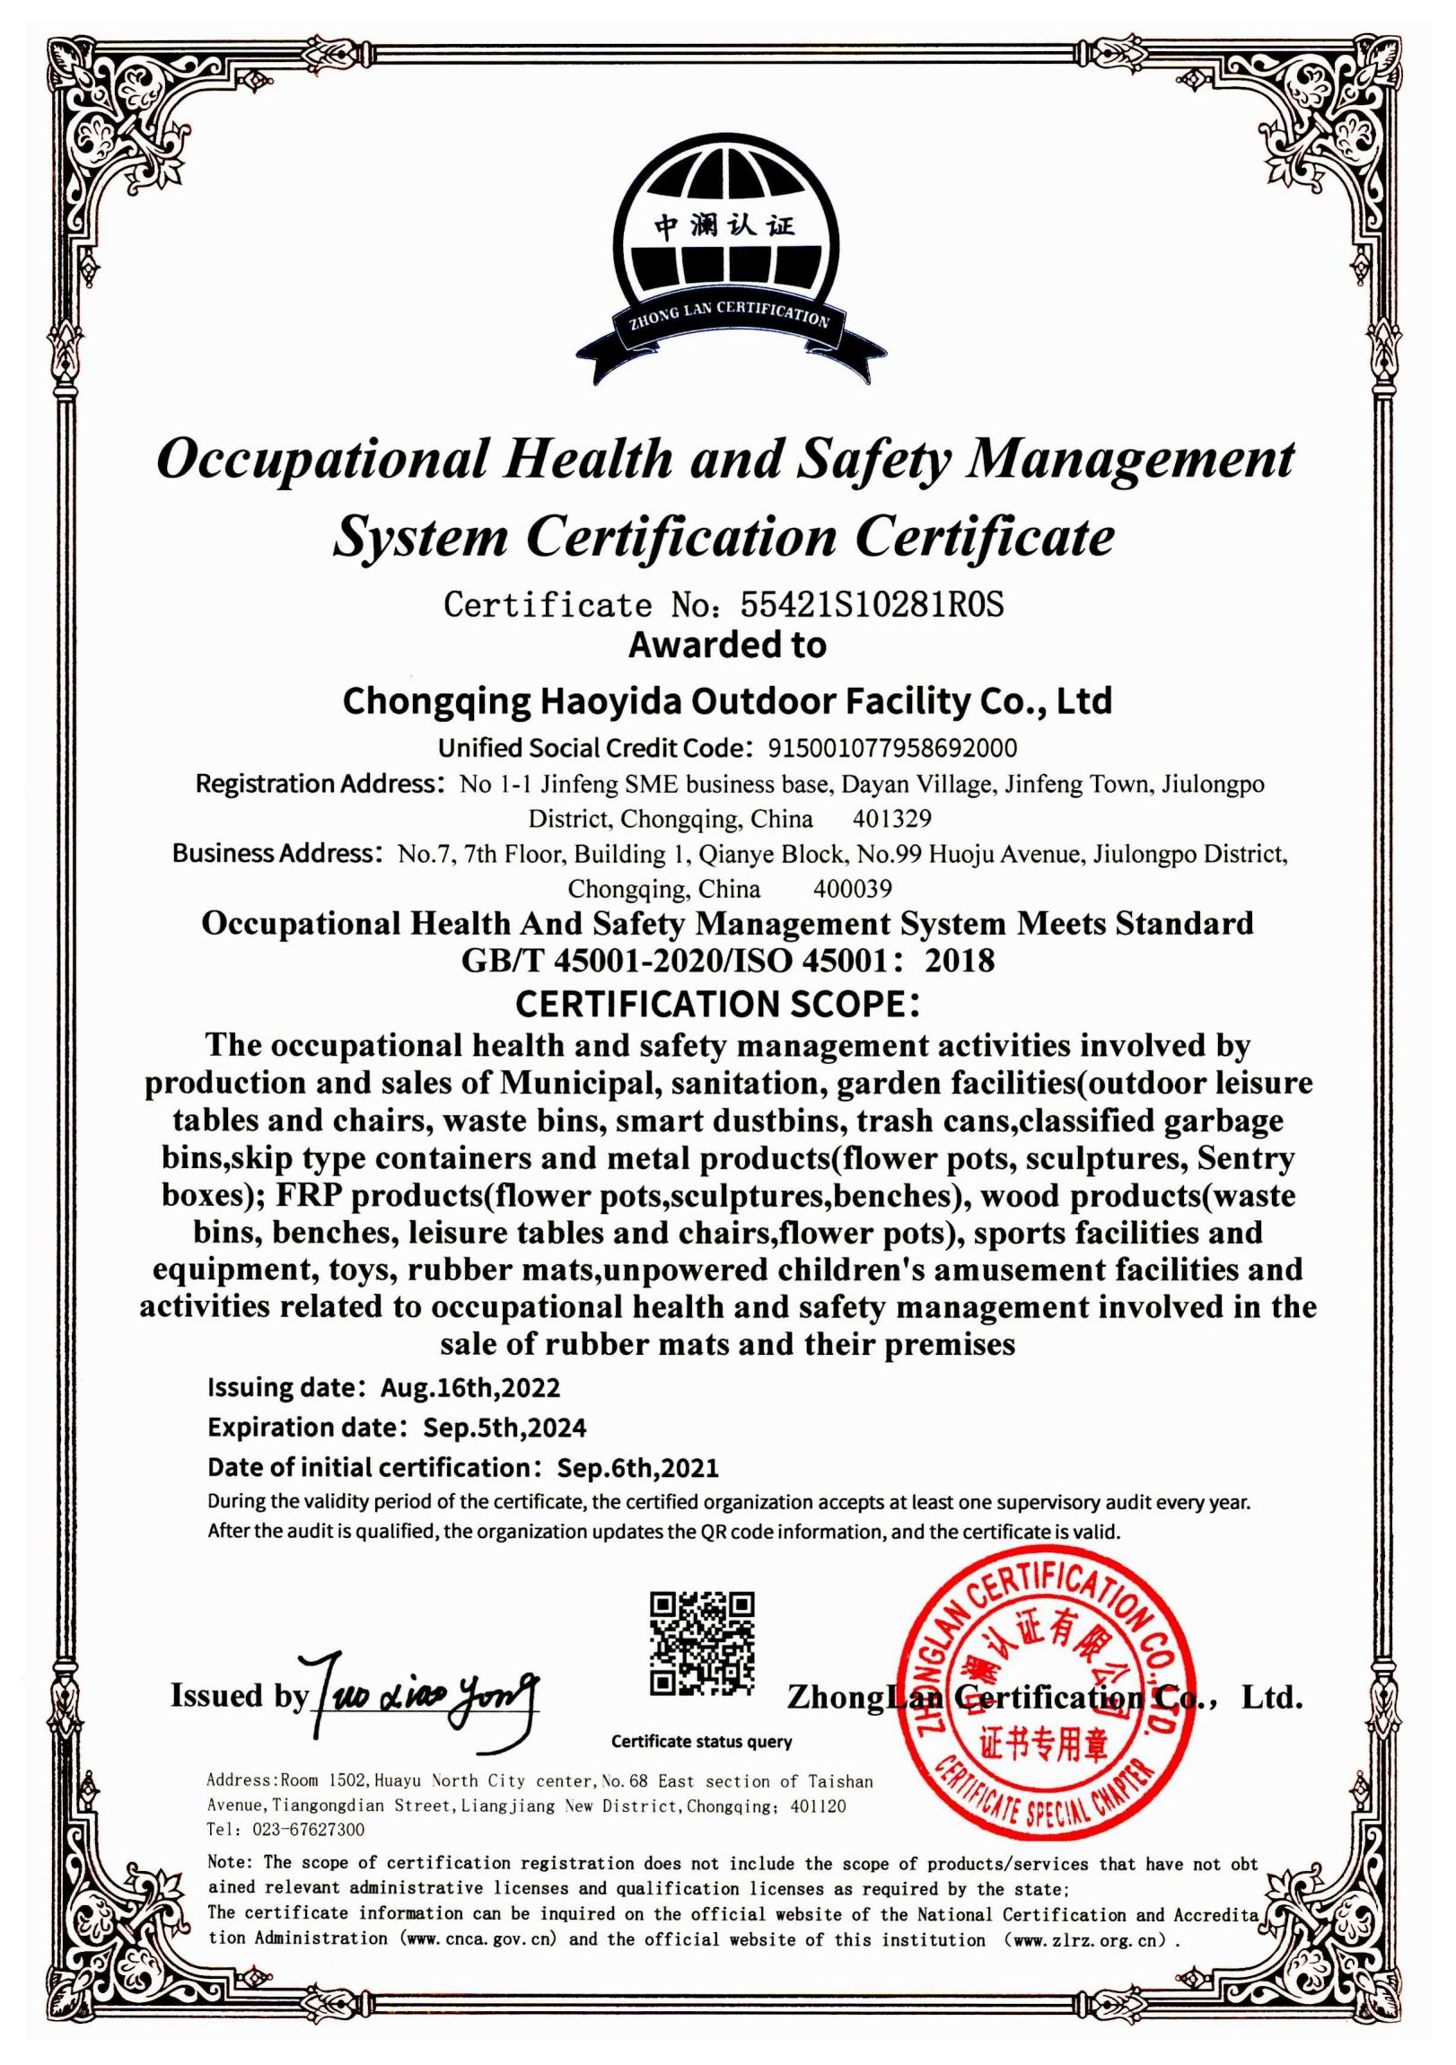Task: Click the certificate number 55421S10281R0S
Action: tap(871, 605)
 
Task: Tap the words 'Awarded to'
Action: tap(726, 646)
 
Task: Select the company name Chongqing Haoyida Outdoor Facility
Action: tap(726, 700)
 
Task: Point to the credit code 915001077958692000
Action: tap(891, 748)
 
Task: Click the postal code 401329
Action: tap(891, 819)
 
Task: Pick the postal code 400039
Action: tap(852, 889)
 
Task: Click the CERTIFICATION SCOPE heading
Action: tap(717, 1004)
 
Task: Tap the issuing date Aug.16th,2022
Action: tap(469, 1388)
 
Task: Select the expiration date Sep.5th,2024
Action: tap(504, 1428)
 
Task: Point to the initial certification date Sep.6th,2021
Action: tap(637, 1468)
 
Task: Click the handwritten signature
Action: tap(423, 1695)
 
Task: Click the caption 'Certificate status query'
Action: tap(701, 1741)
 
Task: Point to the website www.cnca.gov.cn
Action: tap(480, 1939)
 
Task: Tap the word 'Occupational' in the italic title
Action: tap(321, 459)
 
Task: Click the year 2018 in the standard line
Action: tap(960, 961)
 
